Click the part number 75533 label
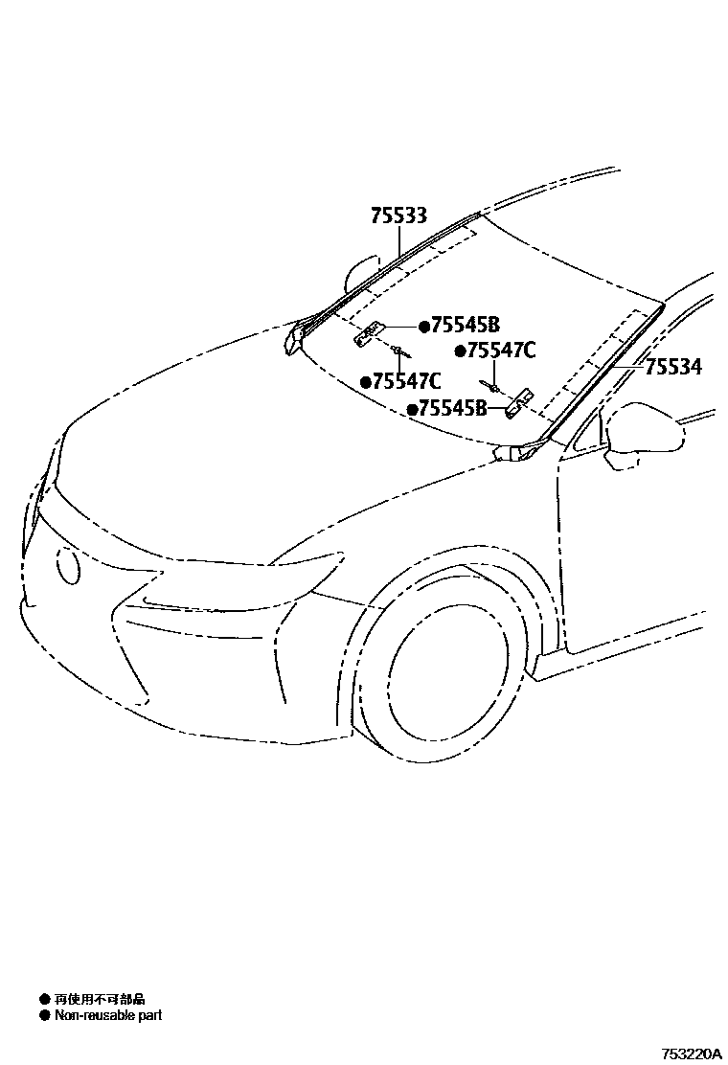click(x=398, y=216)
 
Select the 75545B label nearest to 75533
click(x=466, y=325)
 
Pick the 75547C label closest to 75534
click(x=501, y=351)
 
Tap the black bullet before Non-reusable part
click(x=44, y=1015)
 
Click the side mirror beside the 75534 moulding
click(x=647, y=436)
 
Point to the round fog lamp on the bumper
click(x=69, y=565)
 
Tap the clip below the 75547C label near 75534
click(x=492, y=386)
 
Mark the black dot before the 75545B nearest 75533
click(x=422, y=325)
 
